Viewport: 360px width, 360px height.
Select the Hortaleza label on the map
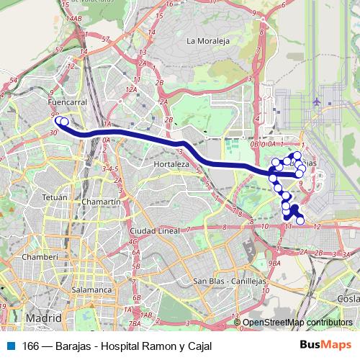(x=171, y=164)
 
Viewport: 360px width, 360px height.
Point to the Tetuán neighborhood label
(x=55, y=197)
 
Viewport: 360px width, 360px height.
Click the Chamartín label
(x=101, y=202)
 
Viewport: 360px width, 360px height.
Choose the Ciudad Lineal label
(x=153, y=230)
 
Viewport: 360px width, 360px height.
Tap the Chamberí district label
(x=35, y=256)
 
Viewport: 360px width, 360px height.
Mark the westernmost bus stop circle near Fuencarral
(x=60, y=121)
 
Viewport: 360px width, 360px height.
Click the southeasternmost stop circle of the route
(x=300, y=220)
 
